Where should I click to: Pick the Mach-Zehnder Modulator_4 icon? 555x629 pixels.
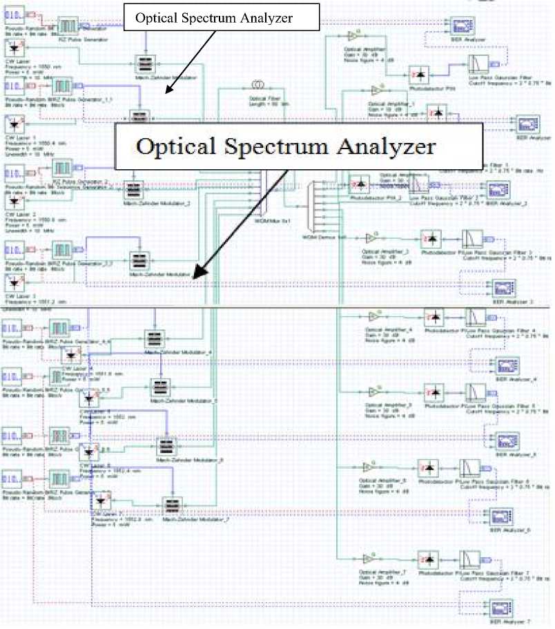(x=155, y=339)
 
